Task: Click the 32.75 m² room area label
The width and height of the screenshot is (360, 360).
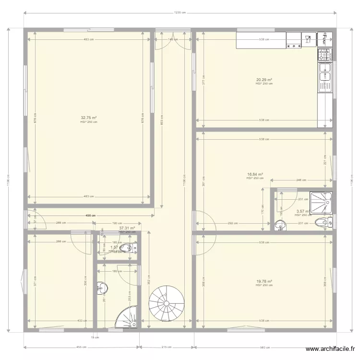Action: [x=89, y=118]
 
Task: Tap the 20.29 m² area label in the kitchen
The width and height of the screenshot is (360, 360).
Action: [x=264, y=80]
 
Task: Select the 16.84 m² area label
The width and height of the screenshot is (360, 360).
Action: [x=255, y=174]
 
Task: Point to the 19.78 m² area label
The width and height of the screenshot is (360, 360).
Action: [x=264, y=282]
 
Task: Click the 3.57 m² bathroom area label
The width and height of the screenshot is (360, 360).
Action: [x=303, y=211]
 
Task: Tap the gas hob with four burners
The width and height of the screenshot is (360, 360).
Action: [x=325, y=55]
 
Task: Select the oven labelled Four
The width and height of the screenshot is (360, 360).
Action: [x=325, y=38]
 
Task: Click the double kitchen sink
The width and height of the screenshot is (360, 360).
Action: [x=325, y=77]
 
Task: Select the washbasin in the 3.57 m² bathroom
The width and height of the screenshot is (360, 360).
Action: [x=279, y=224]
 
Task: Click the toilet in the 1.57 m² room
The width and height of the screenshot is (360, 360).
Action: [x=127, y=248]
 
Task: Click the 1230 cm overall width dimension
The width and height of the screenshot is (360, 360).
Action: [x=180, y=12]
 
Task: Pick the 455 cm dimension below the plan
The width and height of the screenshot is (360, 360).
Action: [x=81, y=347]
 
